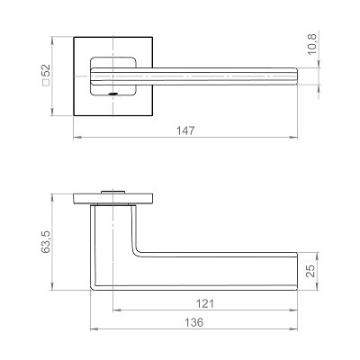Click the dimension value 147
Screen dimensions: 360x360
click(x=185, y=130)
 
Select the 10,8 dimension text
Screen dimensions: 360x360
click(x=312, y=44)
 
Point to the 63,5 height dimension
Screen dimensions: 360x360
click(x=47, y=242)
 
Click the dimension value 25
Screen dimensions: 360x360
click(x=312, y=271)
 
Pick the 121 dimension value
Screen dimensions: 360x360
click(x=205, y=304)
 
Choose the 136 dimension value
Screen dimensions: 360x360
click(x=193, y=322)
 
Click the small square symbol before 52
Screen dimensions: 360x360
click(x=47, y=83)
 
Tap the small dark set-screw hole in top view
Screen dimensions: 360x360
click(x=112, y=94)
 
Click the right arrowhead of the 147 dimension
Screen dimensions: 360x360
click(x=293, y=138)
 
